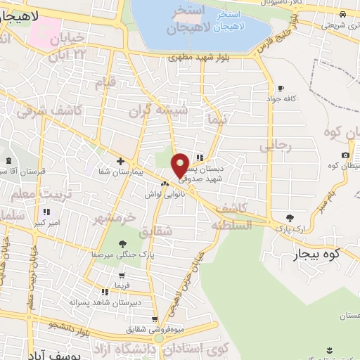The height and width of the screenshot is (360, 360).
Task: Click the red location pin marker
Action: click(181, 165)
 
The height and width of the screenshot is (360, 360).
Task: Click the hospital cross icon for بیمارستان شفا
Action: click(120, 161)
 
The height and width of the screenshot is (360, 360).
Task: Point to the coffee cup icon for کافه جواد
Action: click(281, 89)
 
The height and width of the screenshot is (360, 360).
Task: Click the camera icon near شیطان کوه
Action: click(345, 155)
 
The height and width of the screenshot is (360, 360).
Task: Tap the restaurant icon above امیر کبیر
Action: click(46, 212)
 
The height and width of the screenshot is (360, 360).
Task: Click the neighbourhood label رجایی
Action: click(275, 146)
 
